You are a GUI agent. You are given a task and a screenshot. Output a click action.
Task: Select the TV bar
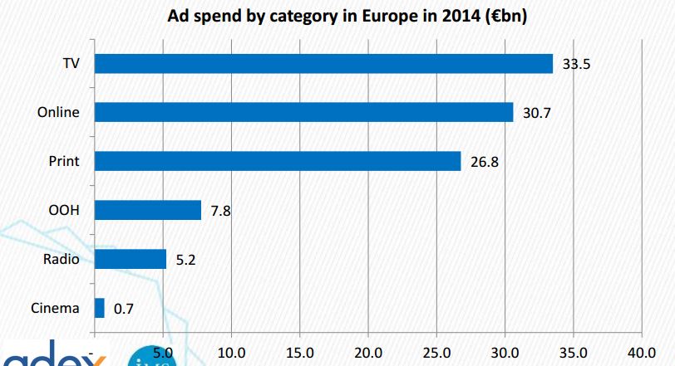coord(323,64)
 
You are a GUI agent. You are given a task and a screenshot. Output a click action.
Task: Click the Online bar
coord(303,112)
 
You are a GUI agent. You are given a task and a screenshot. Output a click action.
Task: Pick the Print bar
coord(278,161)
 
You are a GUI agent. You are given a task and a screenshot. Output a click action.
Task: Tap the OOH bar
coord(148,210)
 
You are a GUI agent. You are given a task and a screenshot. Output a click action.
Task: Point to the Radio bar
coord(131,259)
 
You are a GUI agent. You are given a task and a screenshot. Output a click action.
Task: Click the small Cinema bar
coord(100,308)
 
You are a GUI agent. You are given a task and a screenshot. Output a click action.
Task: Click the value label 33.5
coord(576,64)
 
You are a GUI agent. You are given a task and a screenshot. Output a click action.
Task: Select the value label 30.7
coord(536,113)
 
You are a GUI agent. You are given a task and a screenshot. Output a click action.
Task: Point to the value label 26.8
coord(483,162)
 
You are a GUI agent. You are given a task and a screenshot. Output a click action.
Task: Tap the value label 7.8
coord(220,211)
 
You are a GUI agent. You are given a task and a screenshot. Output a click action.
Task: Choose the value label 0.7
coord(124,309)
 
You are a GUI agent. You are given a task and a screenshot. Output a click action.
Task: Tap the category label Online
coord(59,112)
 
